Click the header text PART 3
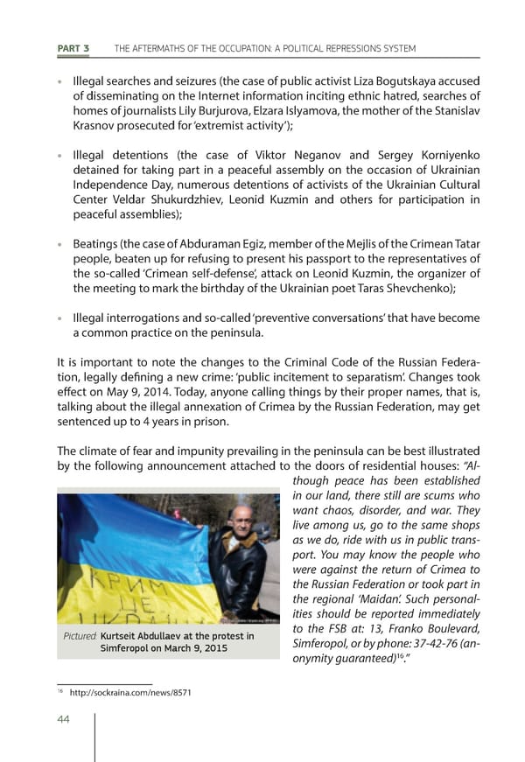pyautogui.click(x=73, y=48)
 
